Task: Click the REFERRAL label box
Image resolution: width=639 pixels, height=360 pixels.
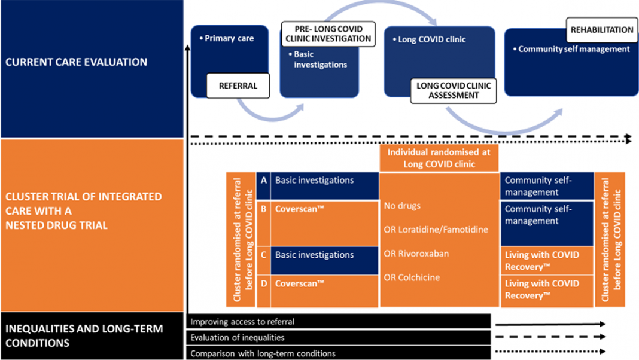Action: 238,86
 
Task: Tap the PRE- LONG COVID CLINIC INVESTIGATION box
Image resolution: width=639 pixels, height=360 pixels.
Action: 328,34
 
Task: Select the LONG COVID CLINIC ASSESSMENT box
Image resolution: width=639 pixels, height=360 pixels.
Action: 453,90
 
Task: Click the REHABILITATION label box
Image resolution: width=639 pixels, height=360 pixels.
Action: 601,30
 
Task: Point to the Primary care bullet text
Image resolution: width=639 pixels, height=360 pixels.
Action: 227,38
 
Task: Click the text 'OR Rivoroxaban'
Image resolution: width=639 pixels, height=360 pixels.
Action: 416,254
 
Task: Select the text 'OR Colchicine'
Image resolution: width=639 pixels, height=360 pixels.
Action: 412,277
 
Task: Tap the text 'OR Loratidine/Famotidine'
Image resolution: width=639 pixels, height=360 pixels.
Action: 436,230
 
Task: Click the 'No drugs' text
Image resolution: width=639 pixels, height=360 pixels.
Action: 402,206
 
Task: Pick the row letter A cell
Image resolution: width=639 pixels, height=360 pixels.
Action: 263,185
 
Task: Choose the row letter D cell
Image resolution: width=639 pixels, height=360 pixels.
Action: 263,291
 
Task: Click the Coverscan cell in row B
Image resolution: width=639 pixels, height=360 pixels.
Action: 324,223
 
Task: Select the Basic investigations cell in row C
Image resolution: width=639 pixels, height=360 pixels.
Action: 324,260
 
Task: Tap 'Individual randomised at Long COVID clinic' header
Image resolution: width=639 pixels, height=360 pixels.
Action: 439,158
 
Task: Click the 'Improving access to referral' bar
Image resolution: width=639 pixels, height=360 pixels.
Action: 339,321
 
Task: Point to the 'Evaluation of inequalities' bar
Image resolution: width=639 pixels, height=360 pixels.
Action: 339,337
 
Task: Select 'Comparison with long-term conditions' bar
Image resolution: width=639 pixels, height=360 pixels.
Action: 339,353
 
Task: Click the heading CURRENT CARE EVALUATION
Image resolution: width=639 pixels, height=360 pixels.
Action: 76,62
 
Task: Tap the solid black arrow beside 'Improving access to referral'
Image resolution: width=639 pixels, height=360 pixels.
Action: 550,324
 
